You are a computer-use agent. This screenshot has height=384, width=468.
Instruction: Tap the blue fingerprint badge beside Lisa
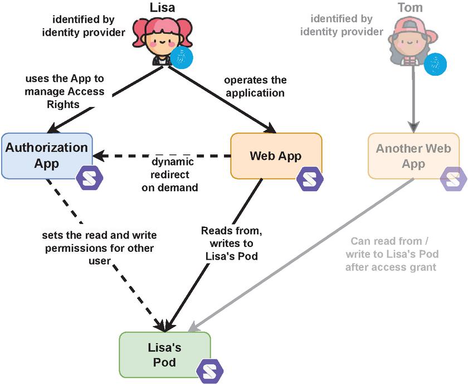[182, 57]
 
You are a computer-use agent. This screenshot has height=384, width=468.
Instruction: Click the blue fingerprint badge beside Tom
[435, 64]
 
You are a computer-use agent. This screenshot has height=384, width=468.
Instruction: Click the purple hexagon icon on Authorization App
[89, 178]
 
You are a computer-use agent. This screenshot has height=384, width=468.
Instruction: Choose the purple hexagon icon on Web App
[309, 178]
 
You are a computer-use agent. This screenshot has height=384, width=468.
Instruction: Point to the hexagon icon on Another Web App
[454, 179]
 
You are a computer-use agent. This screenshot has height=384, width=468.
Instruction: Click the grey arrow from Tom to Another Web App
[413, 103]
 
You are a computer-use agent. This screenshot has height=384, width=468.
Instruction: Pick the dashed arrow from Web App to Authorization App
[162, 155]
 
